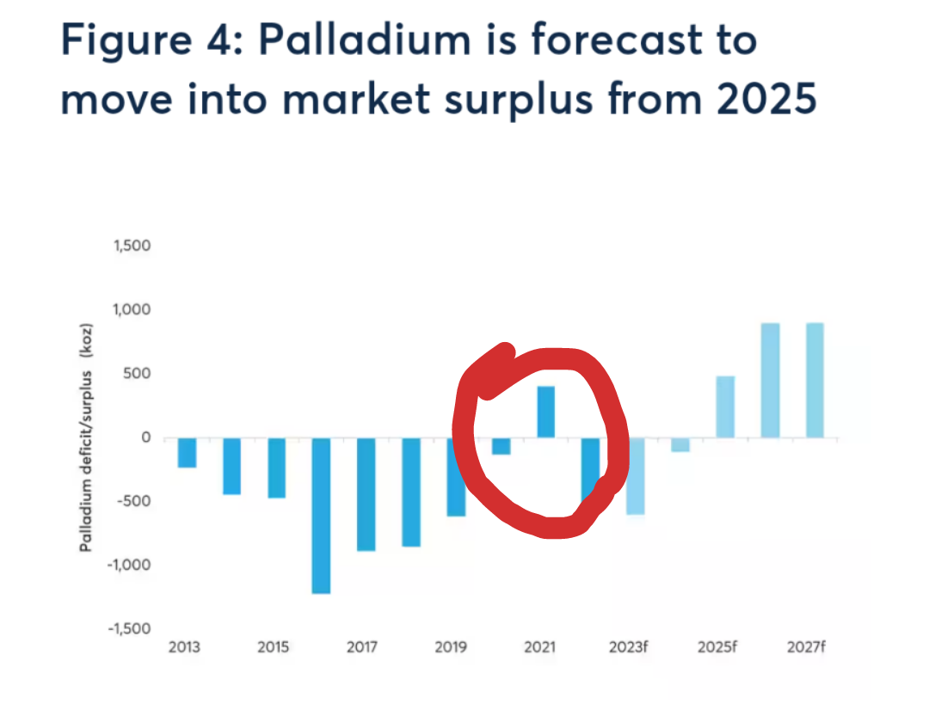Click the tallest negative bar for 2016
tap(321, 516)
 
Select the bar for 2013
tap(188, 453)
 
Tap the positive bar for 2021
tap(545, 412)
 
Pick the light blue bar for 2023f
tap(636, 476)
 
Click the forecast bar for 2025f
tap(725, 407)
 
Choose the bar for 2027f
tap(815, 381)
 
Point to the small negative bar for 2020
tap(501, 446)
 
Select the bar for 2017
tap(366, 494)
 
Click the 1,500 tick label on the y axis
tap(132, 246)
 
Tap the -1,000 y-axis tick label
tap(129, 565)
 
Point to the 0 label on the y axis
tap(145, 437)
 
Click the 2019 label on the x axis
tap(451, 647)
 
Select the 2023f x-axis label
tap(629, 647)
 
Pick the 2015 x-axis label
tap(274, 647)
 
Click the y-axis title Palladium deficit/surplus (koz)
tap(87, 437)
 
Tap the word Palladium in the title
tap(365, 40)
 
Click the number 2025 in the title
tap(766, 98)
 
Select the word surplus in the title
tap(519, 101)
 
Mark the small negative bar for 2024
tap(680, 445)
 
